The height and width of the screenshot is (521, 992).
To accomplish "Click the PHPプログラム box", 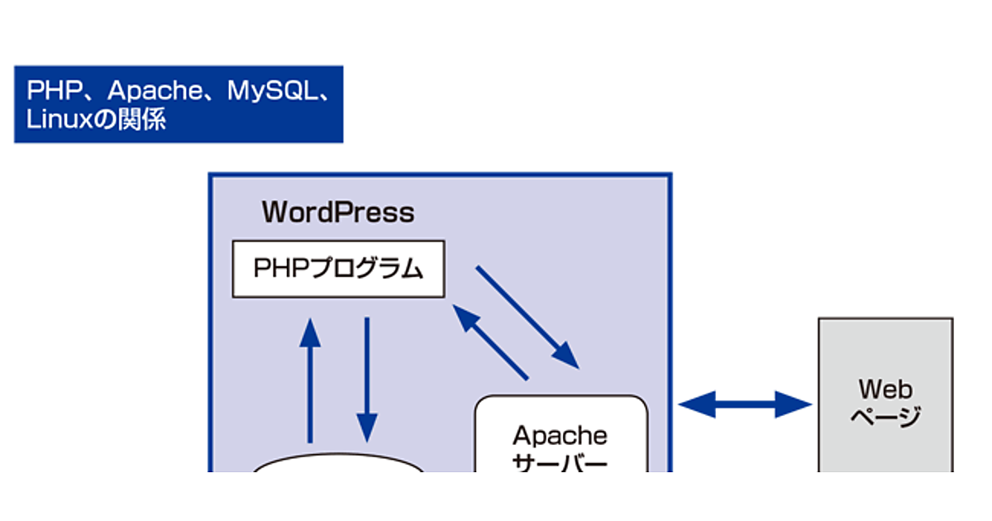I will pyautogui.click(x=338, y=269).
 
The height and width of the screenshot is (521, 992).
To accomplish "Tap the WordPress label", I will pyautogui.click(x=338, y=213).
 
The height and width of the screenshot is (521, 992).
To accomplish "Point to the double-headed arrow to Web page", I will pyautogui.click(x=745, y=404).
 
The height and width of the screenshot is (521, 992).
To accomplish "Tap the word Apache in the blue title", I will pyautogui.click(x=155, y=91).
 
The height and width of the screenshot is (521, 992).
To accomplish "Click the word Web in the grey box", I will pyautogui.click(x=885, y=388).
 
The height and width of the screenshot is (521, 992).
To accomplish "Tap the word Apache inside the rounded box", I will pyautogui.click(x=560, y=435).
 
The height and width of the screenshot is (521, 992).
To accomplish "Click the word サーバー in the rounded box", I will pyautogui.click(x=560, y=463).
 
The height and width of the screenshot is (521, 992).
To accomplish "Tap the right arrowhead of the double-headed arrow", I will pyautogui.click(x=794, y=404).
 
